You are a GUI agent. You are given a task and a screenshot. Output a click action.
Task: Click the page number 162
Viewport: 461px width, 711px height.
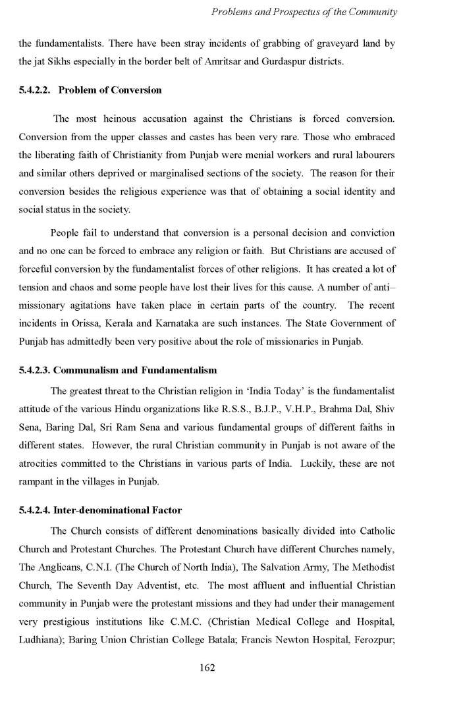tap(207, 668)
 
